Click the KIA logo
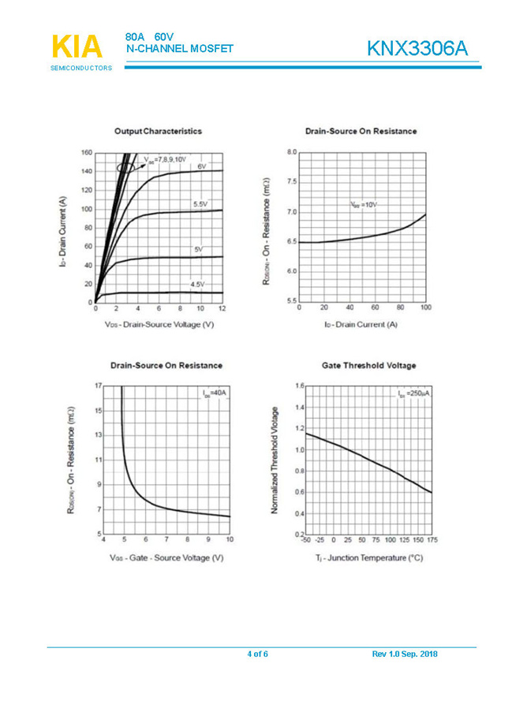(77, 47)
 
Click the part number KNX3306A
(417, 49)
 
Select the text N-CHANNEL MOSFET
(180, 49)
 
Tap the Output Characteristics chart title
(158, 131)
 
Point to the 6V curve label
(202, 166)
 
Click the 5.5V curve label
(200, 204)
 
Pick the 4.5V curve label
(196, 284)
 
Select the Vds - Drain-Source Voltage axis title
(159, 324)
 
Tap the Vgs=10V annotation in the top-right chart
(364, 204)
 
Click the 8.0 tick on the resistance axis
(292, 151)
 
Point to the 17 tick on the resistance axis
(98, 386)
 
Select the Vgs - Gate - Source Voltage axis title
(166, 557)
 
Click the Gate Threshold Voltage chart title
(368, 365)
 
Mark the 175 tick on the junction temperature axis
(432, 540)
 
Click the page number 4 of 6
(257, 654)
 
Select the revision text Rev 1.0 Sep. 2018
(404, 654)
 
